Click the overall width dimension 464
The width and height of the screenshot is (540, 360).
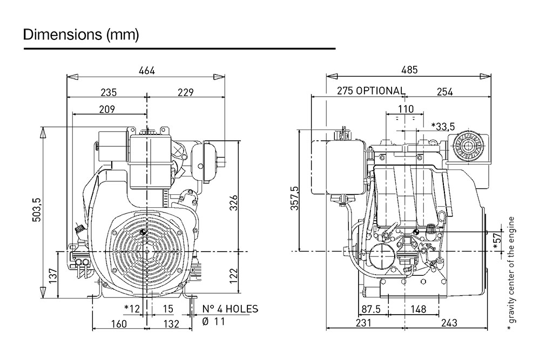pos(146,71)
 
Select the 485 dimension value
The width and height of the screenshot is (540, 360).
pos(409,71)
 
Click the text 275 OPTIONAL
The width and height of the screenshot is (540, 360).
pos(370,91)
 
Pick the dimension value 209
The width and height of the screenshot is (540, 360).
pos(107,109)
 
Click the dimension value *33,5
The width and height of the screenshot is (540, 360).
pos(443,126)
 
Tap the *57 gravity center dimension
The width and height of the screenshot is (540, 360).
pos(497,242)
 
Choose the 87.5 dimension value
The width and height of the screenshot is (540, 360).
pos(371,309)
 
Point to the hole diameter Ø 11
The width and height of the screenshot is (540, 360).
pos(214,322)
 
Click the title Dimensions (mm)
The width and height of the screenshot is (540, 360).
pos(81,35)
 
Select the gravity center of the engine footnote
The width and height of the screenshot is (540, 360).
pos(511,274)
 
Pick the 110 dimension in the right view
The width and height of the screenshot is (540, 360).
pos(406,109)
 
